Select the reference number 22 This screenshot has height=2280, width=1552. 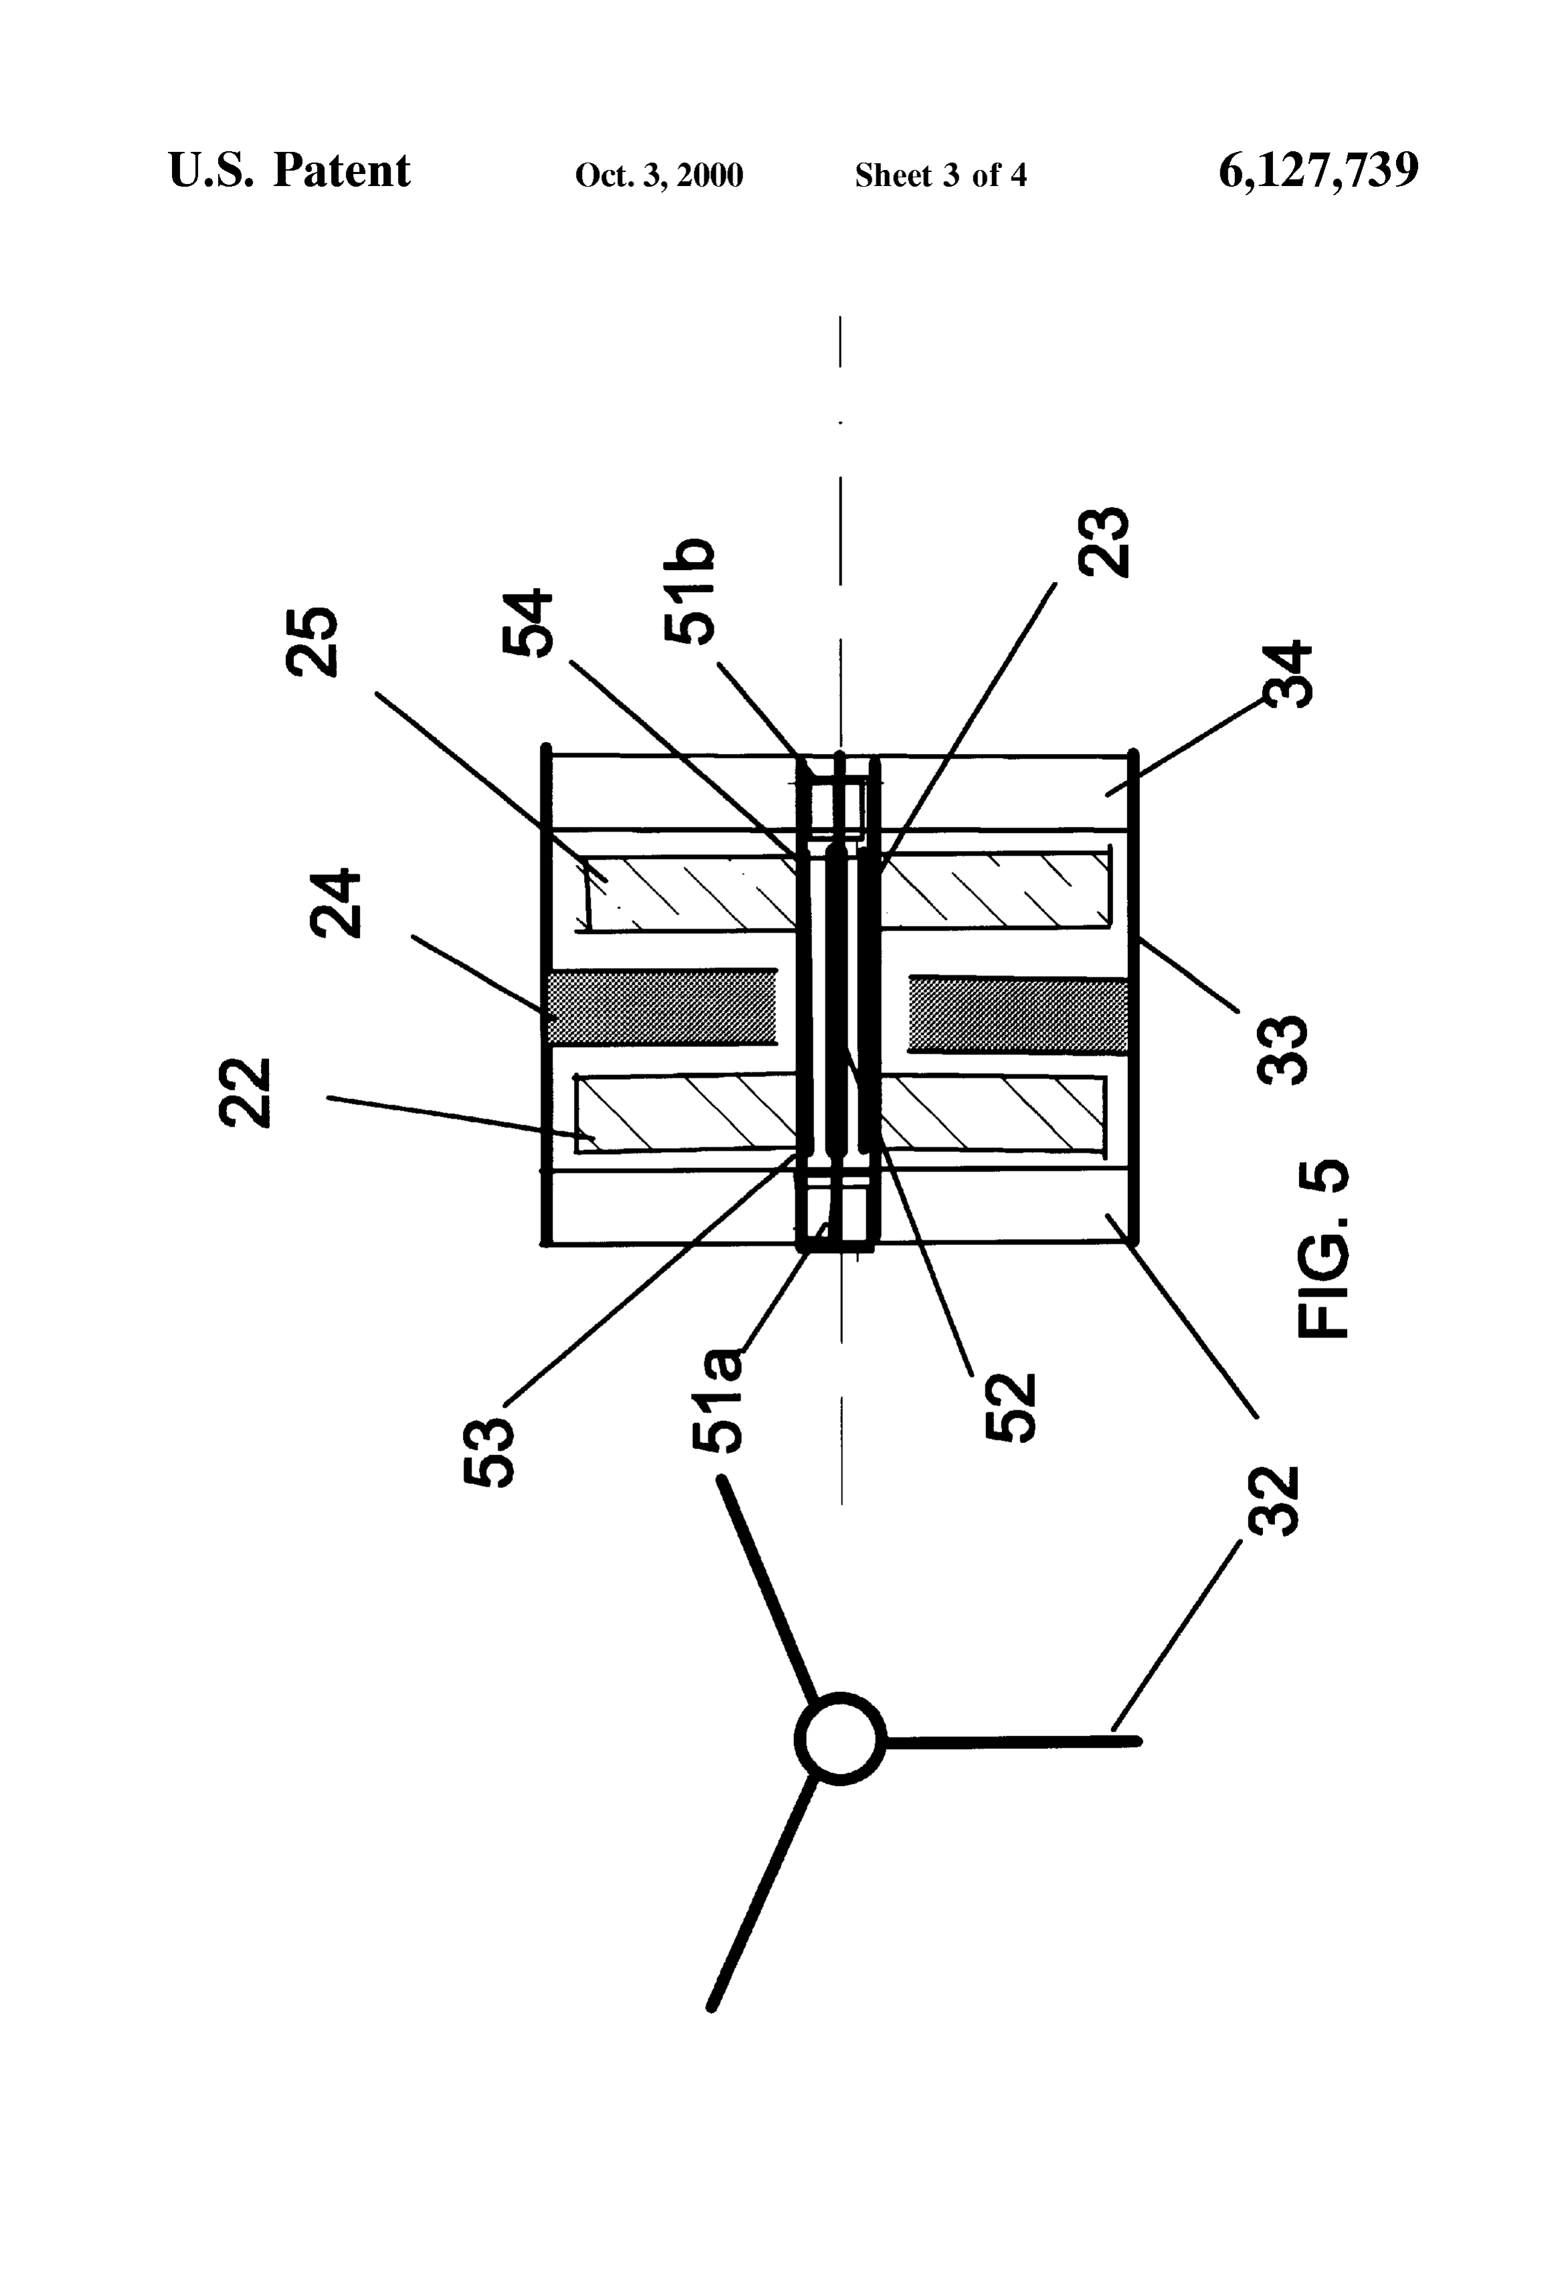[x=244, y=1093]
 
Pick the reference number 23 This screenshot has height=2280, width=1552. [x=1104, y=543]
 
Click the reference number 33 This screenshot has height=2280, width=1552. [x=1282, y=1050]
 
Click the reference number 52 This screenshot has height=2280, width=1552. [x=1009, y=1407]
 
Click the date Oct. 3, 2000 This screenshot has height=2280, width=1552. [x=659, y=175]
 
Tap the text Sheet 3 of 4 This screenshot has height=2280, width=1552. [x=941, y=175]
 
